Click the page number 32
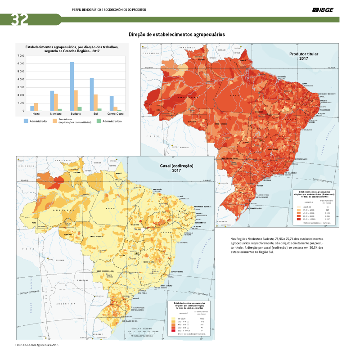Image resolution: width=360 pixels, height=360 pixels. coord(14,19)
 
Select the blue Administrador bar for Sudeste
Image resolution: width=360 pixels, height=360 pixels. coord(72,86)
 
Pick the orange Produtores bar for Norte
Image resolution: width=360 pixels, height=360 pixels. coord(36,107)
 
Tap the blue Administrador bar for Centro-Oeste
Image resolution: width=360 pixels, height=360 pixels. coord(111,103)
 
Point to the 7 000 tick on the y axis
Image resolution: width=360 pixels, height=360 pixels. coord(21,56)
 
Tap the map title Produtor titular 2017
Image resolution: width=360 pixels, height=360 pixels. coord(303,56)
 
